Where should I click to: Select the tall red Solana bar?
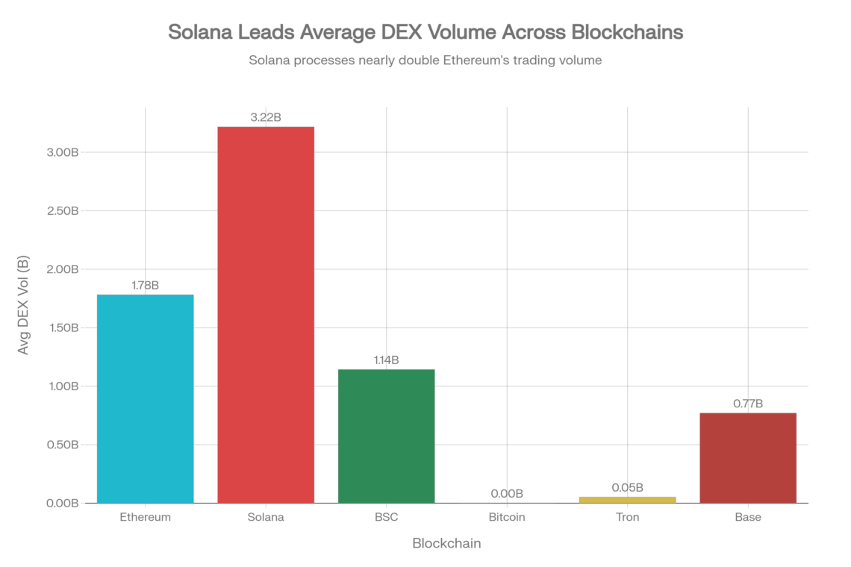coord(266,314)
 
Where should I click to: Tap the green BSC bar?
coord(386,436)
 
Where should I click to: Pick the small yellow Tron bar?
coord(627,499)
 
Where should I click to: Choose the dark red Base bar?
coord(747,457)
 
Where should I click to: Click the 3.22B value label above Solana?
coord(266,117)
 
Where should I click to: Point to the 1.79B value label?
coord(146,284)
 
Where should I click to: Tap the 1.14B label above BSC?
coord(386,360)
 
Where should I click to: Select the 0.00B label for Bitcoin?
coord(507,493)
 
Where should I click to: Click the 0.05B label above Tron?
coord(627,487)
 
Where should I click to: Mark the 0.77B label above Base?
coord(747,403)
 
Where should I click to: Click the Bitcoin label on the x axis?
coord(507,516)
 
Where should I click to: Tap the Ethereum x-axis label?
coord(146,516)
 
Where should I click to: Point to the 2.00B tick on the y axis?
coord(63,269)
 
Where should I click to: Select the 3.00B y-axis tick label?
coord(63,152)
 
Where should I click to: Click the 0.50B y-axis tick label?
coord(63,445)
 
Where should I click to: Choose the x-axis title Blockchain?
coord(446,544)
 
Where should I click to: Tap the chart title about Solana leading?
coord(425,34)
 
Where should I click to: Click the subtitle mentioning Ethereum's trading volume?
coord(425,61)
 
